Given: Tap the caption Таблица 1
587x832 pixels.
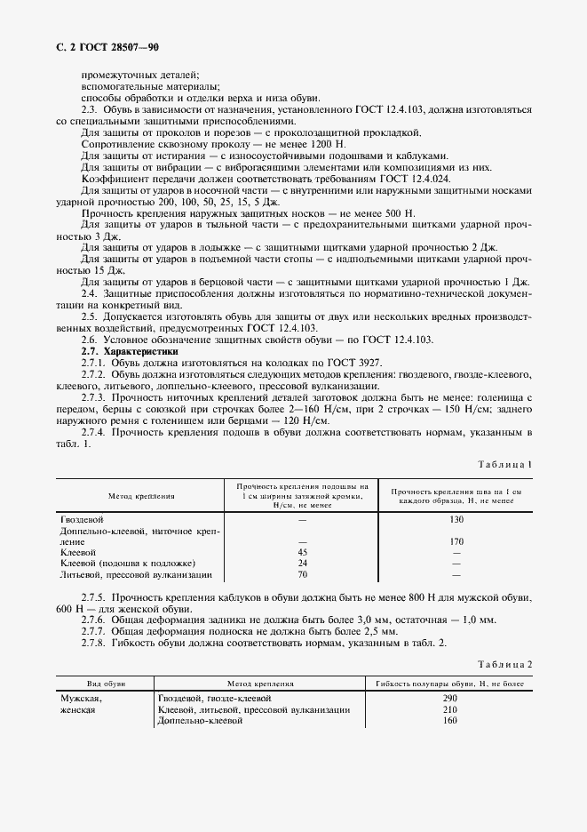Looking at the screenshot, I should [504, 465].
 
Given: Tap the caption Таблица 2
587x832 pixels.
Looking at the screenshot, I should [504, 665].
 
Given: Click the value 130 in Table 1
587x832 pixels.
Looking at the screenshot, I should [456, 518].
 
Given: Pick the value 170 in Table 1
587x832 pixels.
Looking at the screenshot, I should [456, 540].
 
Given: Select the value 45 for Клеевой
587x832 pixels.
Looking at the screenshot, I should [303, 552].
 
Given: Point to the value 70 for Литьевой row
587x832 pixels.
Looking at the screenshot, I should [303, 575].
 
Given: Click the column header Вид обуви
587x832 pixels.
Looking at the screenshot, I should [106, 684].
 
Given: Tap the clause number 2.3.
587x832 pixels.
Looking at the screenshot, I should [90, 108].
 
